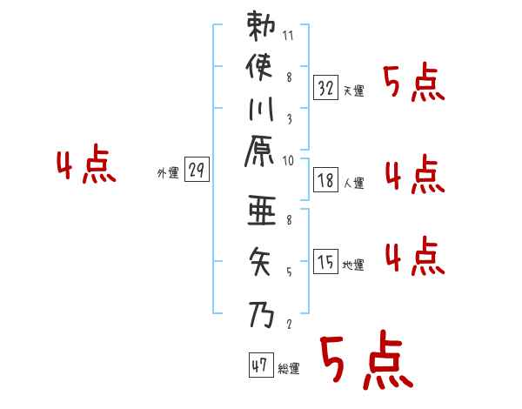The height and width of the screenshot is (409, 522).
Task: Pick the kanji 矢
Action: pos(261,258)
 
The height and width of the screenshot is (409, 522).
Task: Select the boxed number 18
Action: pos(325,180)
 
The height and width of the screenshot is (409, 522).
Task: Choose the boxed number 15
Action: pos(325,261)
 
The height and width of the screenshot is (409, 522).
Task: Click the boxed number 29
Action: pos(197,171)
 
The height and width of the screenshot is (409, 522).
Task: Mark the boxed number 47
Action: pos(260,365)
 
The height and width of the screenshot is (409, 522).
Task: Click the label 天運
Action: pos(353,91)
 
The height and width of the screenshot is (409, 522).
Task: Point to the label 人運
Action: pos(353,184)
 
